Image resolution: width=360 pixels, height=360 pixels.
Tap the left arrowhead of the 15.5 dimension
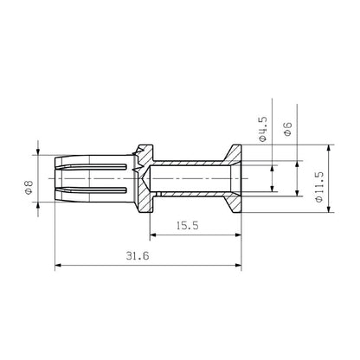click(152, 234)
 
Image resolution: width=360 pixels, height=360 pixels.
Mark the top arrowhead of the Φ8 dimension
click(38, 157)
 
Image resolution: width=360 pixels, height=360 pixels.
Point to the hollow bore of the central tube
click(190, 178)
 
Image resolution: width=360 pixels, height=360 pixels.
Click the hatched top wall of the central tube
click(190, 163)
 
